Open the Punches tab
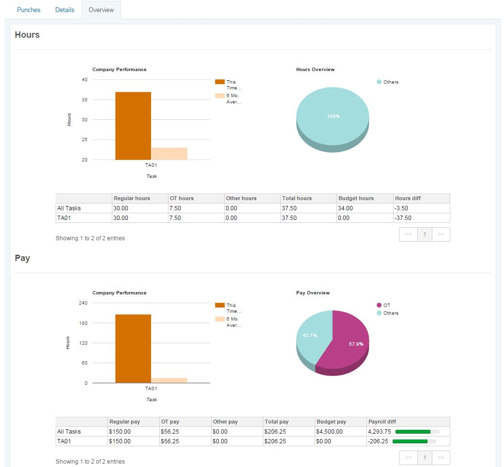29,10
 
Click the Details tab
64,10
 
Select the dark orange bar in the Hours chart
133,126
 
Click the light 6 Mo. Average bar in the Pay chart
169,380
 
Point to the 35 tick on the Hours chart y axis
85,100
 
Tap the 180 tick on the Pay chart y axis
83,323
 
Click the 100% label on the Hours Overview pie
333,116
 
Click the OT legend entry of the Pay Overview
383,305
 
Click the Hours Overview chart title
315,69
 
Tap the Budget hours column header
356,198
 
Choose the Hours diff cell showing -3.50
401,208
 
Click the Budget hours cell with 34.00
345,208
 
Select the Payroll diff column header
382,422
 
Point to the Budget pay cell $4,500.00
330,432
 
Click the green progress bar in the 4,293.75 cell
412,432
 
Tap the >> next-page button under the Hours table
441,234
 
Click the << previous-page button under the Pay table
408,458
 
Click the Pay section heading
22,258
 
